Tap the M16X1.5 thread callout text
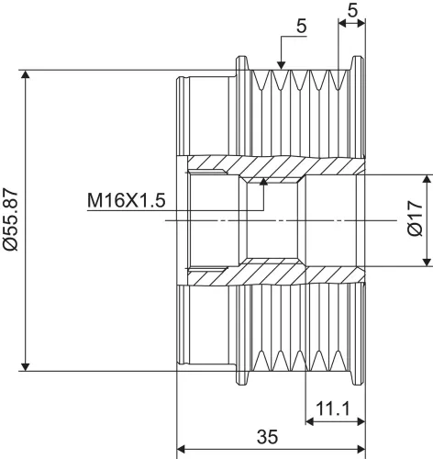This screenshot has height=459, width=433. pyautogui.click(x=127, y=200)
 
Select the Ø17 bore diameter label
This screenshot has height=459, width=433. pyautogui.click(x=415, y=218)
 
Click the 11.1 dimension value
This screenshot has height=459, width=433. pyautogui.click(x=332, y=409)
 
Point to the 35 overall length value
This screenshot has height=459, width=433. pyautogui.click(x=267, y=436)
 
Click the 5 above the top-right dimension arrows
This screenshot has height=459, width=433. pyautogui.click(x=352, y=11)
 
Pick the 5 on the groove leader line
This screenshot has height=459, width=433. pyautogui.click(x=301, y=27)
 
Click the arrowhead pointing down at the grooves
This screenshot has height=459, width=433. pyautogui.click(x=282, y=65)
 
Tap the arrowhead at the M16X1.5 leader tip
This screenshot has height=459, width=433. pyautogui.click(x=263, y=181)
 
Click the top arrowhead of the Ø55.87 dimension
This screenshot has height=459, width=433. pyautogui.click(x=26, y=74)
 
